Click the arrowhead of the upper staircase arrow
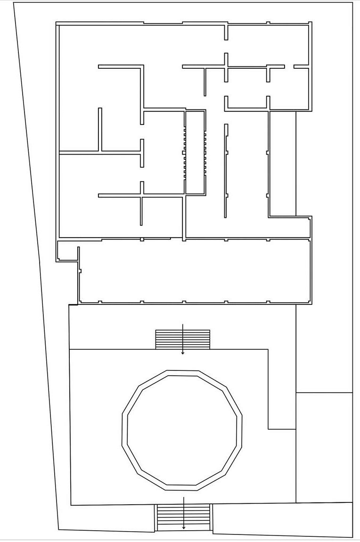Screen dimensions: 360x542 [x=183, y=353]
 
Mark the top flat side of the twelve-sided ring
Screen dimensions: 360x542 [x=182, y=373]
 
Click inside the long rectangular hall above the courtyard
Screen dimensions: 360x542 [x=193, y=271]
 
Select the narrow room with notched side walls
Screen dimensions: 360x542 [x=195, y=152]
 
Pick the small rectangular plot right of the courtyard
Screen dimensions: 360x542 [x=324, y=447]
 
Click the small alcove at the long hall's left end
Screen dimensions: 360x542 [x=67, y=251]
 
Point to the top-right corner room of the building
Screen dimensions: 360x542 [x=269, y=45]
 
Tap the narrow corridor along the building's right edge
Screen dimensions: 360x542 [x=283, y=163]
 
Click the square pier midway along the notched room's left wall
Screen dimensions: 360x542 [x=184, y=152]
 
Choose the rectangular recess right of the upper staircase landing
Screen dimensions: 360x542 [x=282, y=389]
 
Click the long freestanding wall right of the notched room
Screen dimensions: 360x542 [x=226, y=170]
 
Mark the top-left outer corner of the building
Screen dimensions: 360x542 [x=57, y=23]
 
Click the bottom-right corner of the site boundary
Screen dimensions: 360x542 [x=352, y=537]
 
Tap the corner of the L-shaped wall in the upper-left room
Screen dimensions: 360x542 [x=141, y=67]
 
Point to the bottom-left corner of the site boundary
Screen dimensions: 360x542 [x=58, y=529]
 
